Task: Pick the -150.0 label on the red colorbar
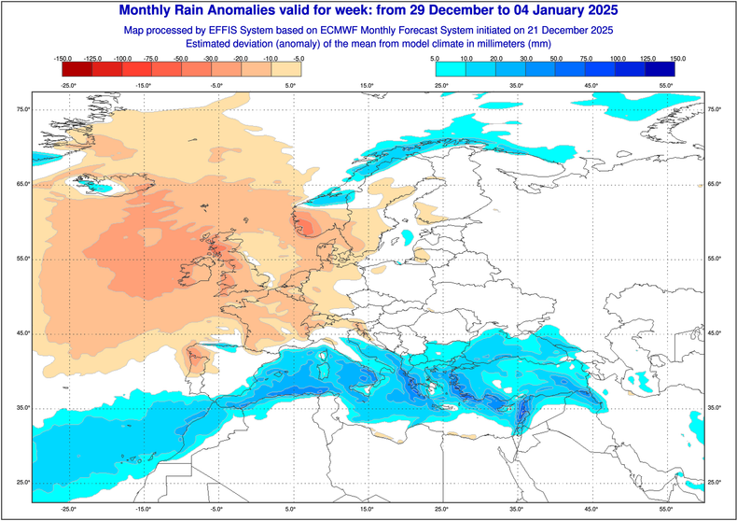63,59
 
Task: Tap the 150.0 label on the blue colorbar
678,59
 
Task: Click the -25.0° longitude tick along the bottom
68,510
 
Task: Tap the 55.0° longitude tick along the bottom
665,510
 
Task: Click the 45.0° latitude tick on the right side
716,333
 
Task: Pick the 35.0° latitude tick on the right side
716,408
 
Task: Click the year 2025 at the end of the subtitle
597,30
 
